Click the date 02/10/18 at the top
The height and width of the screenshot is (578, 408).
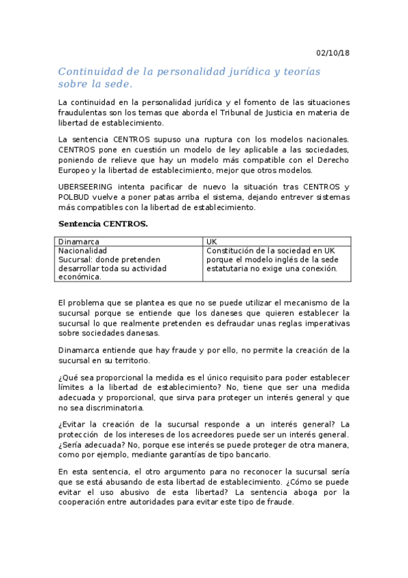[333, 53]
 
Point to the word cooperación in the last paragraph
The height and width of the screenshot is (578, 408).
[89, 502]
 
